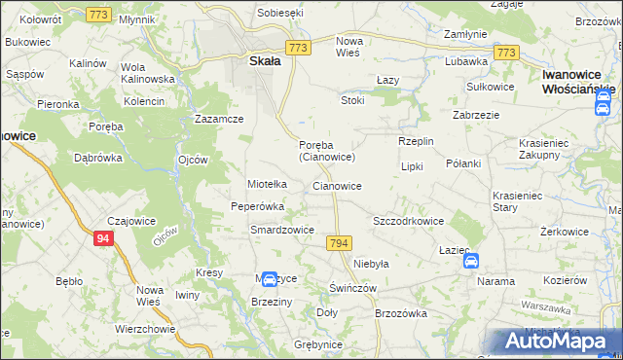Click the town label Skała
[x=258, y=60]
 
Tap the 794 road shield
[x=339, y=242]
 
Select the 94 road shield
[x=104, y=237]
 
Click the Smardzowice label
[x=281, y=230]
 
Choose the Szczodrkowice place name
[x=409, y=221]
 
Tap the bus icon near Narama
[x=471, y=261]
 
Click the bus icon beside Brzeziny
[x=269, y=280]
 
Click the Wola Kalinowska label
[x=146, y=73]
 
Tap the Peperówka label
[x=257, y=206]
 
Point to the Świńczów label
[x=352, y=289]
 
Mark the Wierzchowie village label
[x=145, y=329]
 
